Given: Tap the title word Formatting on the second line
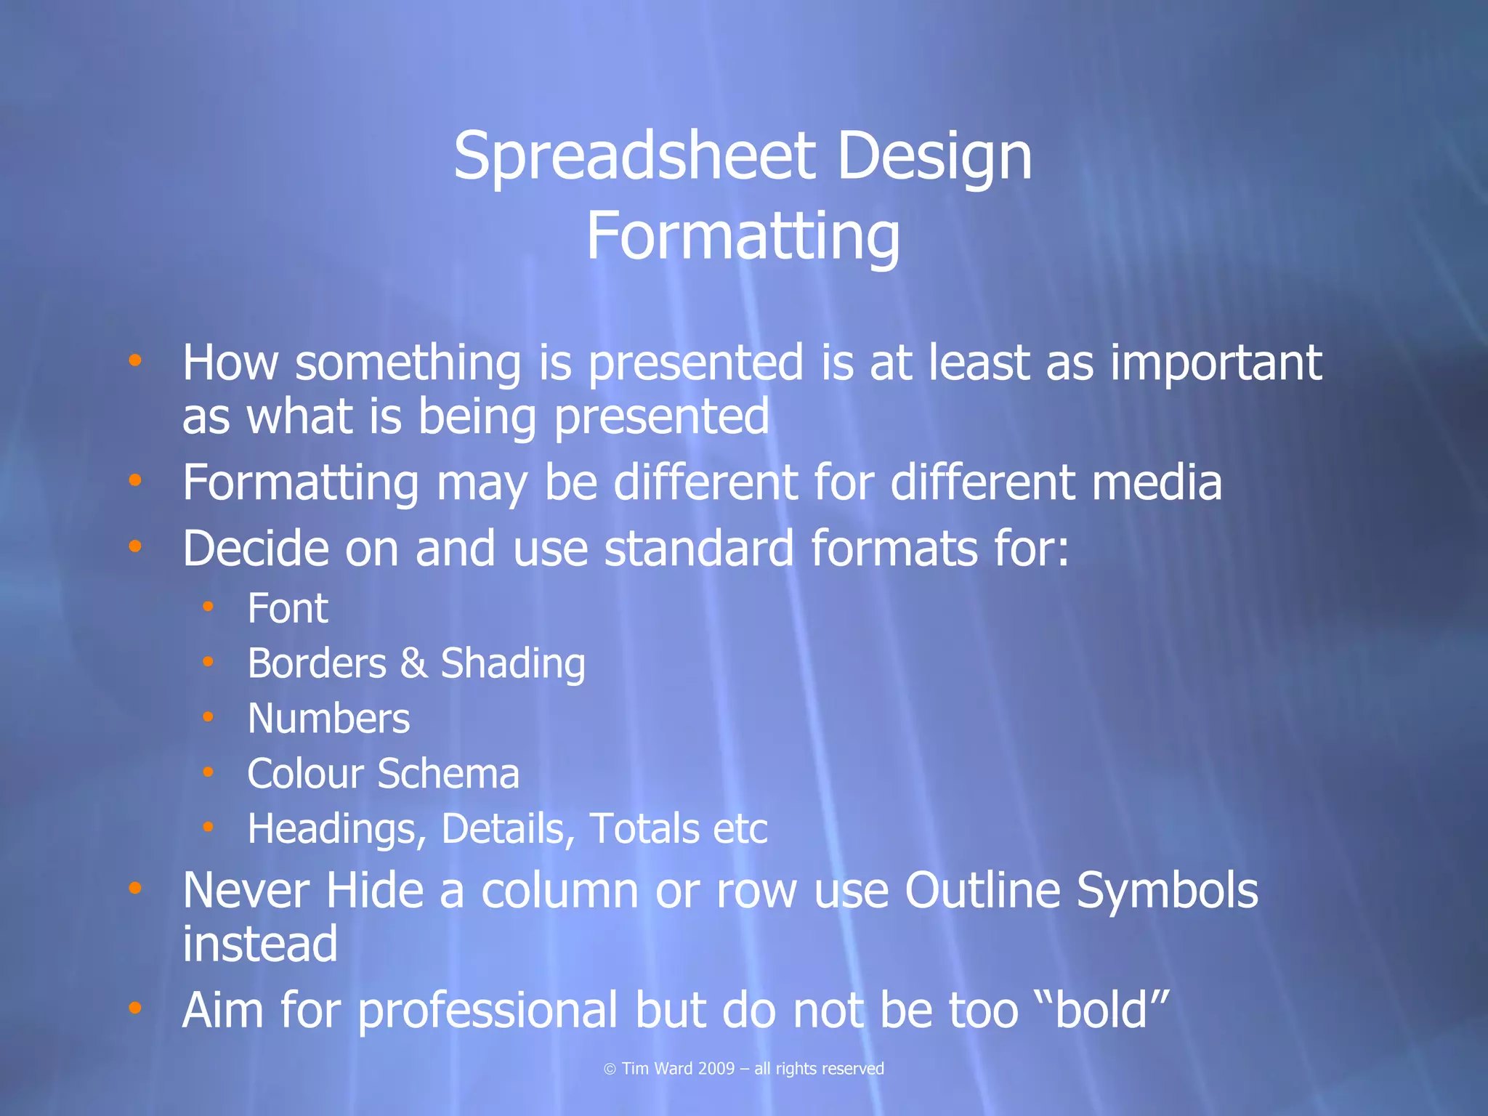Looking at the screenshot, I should [743, 237].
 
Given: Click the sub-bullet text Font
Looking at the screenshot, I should [288, 608].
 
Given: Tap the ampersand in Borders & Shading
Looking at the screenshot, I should [413, 663].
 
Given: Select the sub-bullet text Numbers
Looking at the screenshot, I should [328, 719].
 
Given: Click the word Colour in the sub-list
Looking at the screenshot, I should [305, 773].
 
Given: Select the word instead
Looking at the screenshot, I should [260, 944].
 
